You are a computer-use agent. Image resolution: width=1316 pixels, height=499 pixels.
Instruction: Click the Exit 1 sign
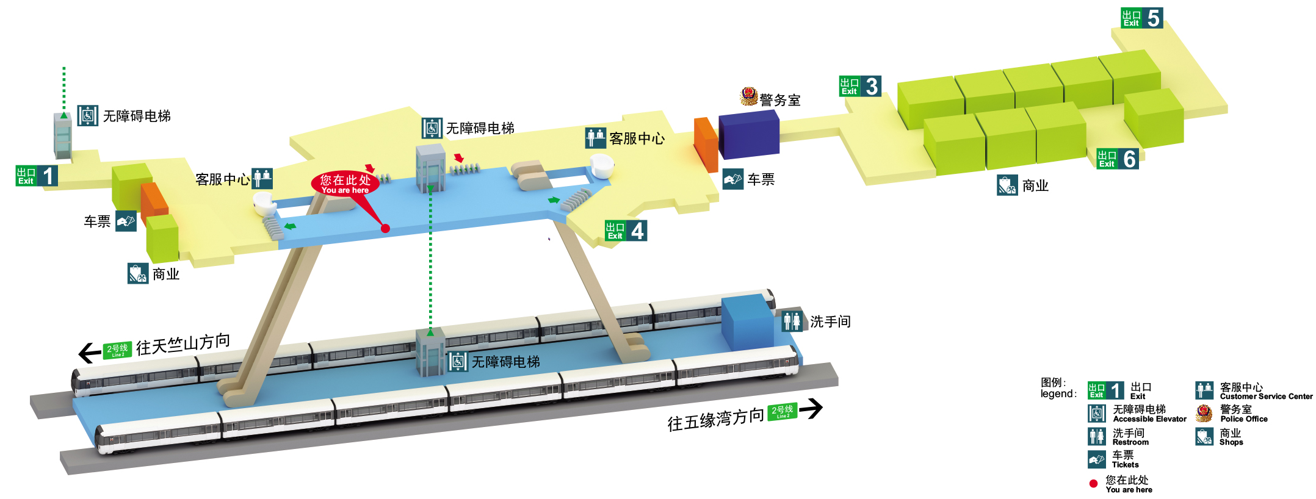pos(37,176)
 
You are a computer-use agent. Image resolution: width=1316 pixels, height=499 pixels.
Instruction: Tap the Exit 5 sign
pos(1141,18)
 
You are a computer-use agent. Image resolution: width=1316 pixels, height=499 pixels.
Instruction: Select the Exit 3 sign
pos(859,86)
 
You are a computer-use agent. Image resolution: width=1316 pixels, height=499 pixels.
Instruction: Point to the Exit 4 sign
pos(625,231)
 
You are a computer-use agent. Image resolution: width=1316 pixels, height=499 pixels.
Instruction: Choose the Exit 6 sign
pos(1117,159)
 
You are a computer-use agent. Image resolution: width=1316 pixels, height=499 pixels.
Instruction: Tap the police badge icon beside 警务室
pos(748,96)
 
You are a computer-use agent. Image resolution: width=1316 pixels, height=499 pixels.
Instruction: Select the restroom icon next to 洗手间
pos(792,321)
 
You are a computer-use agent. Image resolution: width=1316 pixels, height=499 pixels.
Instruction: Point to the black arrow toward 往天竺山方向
pos(90,353)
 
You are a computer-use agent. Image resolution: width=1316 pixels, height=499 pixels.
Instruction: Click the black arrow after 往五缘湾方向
pos(811,408)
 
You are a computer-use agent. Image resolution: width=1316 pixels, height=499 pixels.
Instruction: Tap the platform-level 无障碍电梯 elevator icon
pos(458,362)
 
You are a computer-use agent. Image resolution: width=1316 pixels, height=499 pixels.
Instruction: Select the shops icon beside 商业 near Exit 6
pos(1007,185)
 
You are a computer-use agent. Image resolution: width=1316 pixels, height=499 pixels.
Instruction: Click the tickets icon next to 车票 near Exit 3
pos(732,179)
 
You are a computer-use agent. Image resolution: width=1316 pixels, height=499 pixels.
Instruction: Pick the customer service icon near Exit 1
pos(262,179)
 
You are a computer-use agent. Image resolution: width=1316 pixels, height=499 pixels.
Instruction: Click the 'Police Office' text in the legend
pos(1243,419)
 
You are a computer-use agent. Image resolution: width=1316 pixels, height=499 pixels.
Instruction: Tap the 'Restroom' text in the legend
pos(1130,442)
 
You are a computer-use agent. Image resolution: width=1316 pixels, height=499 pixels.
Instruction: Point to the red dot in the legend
pos(1093,484)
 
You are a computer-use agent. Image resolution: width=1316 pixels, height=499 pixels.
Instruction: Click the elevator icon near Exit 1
pos(88,116)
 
